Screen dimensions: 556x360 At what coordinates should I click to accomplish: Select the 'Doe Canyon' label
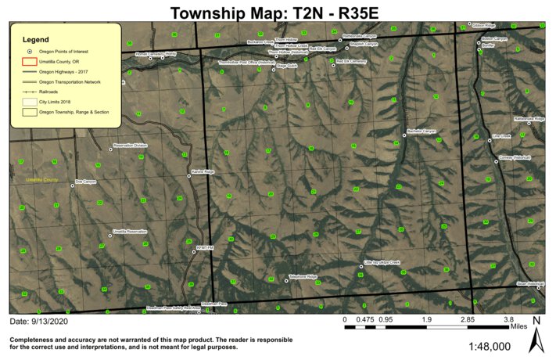(x=85, y=182)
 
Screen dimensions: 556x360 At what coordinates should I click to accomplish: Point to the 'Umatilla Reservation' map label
(x=129, y=232)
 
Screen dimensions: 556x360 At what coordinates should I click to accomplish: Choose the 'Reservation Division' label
(x=130, y=145)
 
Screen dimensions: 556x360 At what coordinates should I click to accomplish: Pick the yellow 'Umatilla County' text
(x=40, y=180)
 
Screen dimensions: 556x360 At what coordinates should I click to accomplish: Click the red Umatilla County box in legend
(x=29, y=61)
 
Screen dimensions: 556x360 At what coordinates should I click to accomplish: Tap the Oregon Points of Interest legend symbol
(x=29, y=51)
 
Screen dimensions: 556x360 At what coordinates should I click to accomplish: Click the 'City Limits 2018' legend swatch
(x=29, y=102)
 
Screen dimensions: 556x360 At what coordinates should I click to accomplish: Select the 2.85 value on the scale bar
(x=468, y=320)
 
